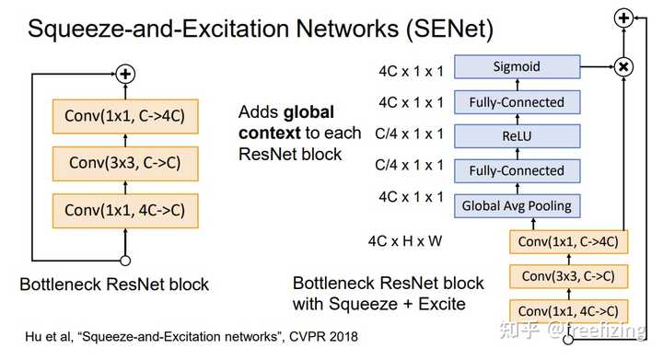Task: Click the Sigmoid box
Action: coord(516,66)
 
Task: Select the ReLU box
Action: coord(516,135)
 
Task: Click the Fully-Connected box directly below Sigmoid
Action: coord(516,101)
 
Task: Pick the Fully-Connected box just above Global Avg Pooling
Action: coord(516,170)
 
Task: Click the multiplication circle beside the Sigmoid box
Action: coord(623,66)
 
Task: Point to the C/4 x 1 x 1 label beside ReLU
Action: coord(410,135)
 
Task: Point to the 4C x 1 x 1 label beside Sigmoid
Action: coord(410,66)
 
